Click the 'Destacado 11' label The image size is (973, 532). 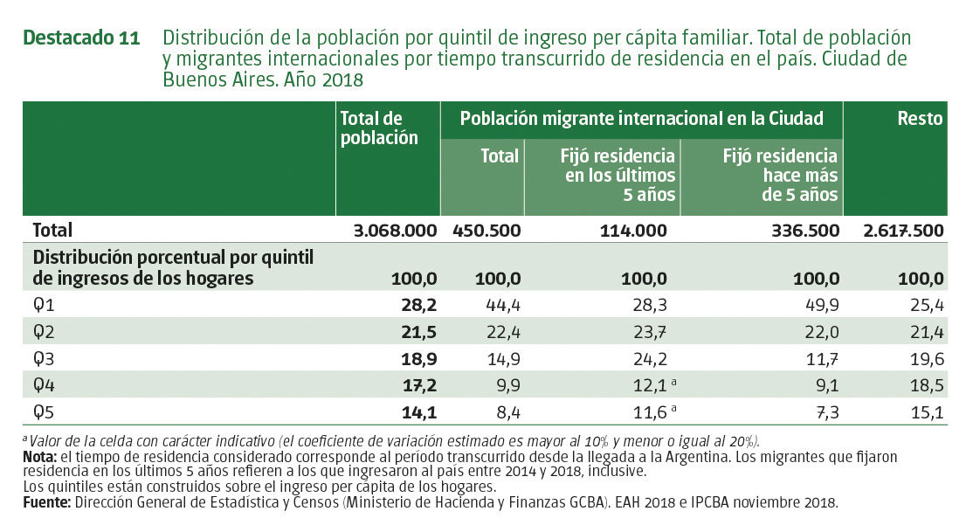click(x=80, y=38)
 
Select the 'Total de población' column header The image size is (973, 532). click(x=379, y=128)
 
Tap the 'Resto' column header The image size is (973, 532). click(x=920, y=119)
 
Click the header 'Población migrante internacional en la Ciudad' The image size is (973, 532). click(x=641, y=119)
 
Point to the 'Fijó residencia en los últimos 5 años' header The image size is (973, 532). click(x=619, y=175)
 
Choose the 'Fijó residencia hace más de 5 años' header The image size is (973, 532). click(x=780, y=175)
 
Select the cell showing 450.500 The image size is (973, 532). click(x=486, y=231)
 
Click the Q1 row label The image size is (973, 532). click(x=44, y=305)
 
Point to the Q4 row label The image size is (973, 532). click(x=44, y=384)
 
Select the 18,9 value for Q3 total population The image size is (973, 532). click(x=417, y=358)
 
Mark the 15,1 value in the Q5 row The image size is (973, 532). click(x=926, y=411)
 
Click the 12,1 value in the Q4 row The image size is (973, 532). click(x=649, y=384)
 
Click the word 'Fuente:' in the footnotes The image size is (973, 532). click(x=48, y=502)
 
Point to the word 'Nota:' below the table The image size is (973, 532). click(x=42, y=457)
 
